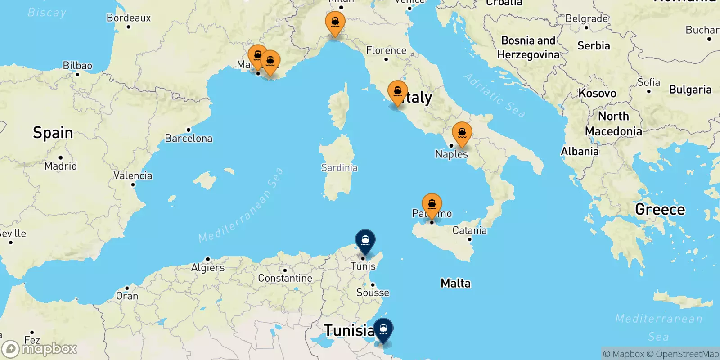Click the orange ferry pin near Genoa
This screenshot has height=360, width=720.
click(x=335, y=22)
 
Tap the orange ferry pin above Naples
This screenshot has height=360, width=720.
click(x=462, y=133)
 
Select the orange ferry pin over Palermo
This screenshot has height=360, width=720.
click(x=432, y=205)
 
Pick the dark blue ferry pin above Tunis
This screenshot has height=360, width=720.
click(x=365, y=240)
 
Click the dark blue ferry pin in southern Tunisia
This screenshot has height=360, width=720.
click(x=383, y=329)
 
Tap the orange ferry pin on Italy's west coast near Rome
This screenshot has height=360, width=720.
click(x=398, y=92)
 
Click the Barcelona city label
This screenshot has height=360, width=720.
click(x=189, y=138)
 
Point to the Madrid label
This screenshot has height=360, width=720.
click(x=61, y=166)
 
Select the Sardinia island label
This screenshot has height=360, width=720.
click(x=339, y=168)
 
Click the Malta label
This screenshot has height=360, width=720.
click(x=455, y=283)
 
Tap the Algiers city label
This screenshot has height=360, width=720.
click(x=208, y=268)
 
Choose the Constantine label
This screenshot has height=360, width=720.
click(x=285, y=278)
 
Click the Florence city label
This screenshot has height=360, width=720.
click(x=386, y=50)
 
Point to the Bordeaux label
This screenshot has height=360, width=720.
click(x=129, y=18)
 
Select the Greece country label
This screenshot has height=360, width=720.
click(x=660, y=209)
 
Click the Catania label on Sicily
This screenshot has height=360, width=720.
click(x=469, y=230)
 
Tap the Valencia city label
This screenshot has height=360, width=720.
click(x=133, y=175)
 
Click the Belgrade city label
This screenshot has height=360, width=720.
click(x=587, y=19)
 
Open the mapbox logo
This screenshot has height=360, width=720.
click(x=40, y=349)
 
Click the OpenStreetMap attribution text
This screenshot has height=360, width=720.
click(x=687, y=354)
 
